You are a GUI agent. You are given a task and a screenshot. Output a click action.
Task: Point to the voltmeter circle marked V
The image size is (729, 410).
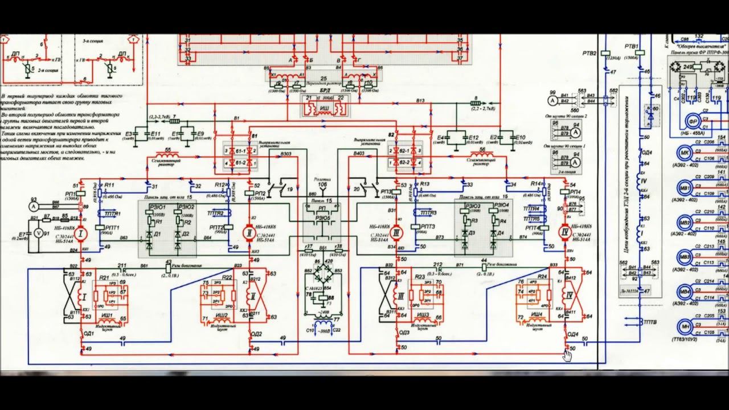[39, 233]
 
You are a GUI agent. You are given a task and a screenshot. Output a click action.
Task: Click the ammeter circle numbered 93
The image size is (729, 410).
[34, 205]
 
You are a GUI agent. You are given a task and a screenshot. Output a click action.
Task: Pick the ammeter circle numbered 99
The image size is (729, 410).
[552, 101]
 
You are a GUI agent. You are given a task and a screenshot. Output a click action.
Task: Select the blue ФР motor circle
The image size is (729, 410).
[693, 121]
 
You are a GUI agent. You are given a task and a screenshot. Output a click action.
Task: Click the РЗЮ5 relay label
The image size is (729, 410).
[322, 218]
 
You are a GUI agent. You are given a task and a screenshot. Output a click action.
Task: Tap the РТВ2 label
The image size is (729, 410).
[589, 53]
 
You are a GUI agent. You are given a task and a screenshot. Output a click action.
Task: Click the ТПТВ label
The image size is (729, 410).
[651, 322]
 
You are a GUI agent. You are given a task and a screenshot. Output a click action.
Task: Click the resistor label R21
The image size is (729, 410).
[104, 277]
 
